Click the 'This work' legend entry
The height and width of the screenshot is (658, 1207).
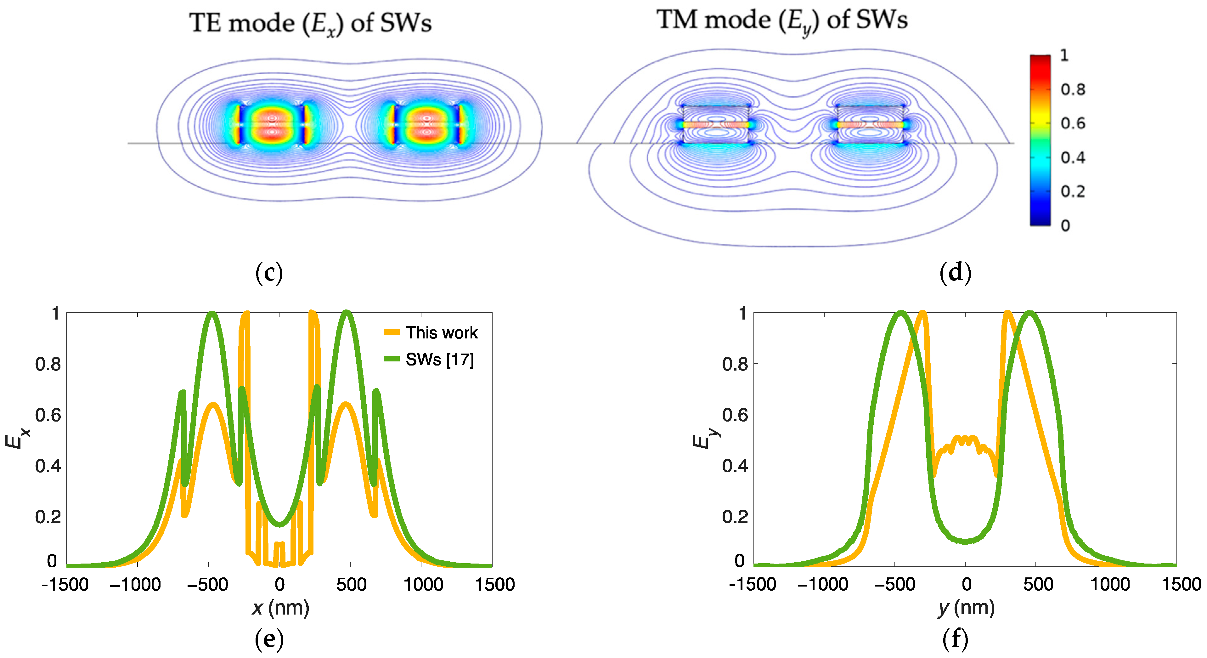pos(441,333)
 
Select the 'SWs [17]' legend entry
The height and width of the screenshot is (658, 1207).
pos(439,360)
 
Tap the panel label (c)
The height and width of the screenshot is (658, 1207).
pos(269,273)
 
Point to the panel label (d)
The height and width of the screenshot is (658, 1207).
pos(956,273)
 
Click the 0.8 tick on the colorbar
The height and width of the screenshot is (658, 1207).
pos(1073,89)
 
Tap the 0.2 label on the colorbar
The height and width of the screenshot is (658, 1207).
pos(1073,191)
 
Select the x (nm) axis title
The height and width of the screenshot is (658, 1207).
pos(280,608)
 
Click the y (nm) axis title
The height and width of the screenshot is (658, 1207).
pos(966,608)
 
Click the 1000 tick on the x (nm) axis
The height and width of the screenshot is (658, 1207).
pos(423,584)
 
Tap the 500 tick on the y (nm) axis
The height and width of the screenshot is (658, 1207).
pos(1038,584)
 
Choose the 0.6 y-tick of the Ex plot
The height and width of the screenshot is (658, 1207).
pos(48,415)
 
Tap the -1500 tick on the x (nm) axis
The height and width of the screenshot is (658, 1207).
pos(65,584)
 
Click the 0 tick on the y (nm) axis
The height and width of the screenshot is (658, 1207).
pos(966,584)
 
